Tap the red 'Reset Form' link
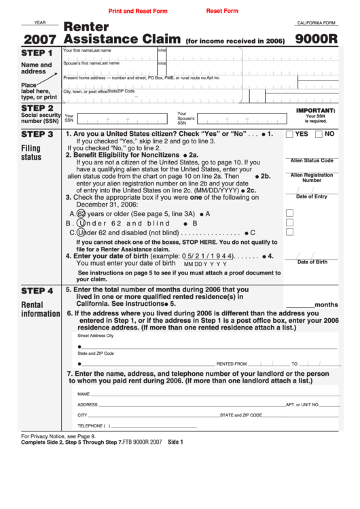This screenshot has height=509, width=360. (x=222, y=12)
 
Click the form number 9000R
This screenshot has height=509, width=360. (x=316, y=39)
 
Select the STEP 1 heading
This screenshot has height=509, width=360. (x=37, y=53)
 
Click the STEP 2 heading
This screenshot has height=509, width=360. (x=37, y=107)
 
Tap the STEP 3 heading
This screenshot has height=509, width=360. (x=37, y=135)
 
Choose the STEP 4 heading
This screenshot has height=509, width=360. (x=37, y=289)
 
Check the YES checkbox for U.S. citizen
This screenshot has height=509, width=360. (x=290, y=135)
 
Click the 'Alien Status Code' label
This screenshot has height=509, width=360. (x=312, y=160)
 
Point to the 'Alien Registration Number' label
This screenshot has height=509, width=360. (x=312, y=177)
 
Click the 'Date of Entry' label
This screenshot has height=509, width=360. (x=312, y=196)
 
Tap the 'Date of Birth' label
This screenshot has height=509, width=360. (x=312, y=262)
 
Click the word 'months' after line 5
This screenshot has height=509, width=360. (x=326, y=304)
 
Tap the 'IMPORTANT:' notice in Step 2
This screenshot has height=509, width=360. (x=316, y=110)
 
